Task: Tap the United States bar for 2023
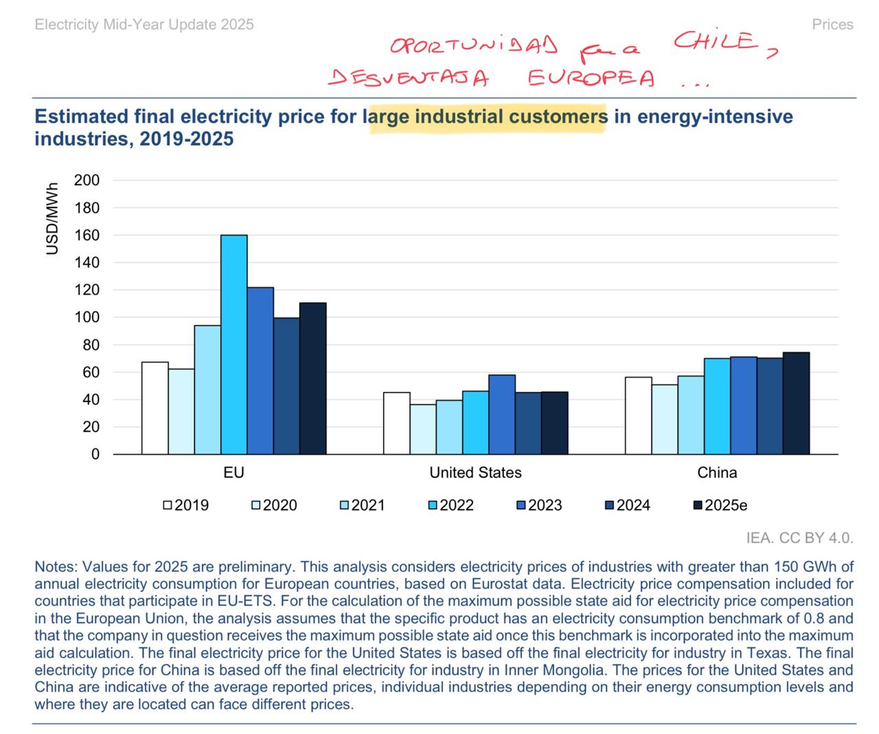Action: [x=502, y=414]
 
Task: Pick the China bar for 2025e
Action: [x=796, y=403]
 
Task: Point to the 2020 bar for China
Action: [x=665, y=419]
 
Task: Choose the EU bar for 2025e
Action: [x=313, y=378]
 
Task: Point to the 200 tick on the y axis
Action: [x=87, y=181]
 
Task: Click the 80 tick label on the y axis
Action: [x=91, y=345]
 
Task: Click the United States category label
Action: [x=475, y=472]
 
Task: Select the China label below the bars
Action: [x=717, y=472]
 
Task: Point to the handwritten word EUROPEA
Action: [x=591, y=78]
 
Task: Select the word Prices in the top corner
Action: [x=832, y=25]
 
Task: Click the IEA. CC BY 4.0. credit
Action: [x=799, y=538]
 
